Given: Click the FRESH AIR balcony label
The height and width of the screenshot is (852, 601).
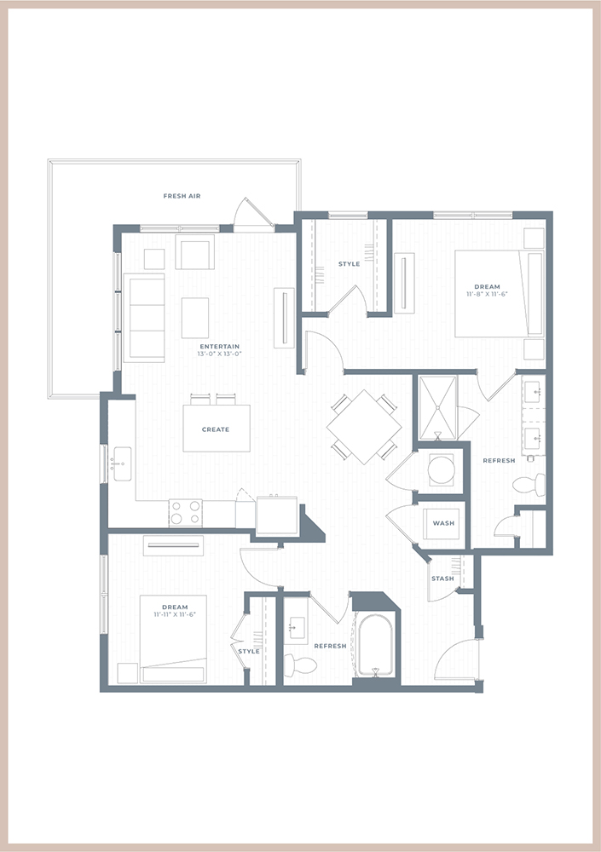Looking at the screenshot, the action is point(182,196).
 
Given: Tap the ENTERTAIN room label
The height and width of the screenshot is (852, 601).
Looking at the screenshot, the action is point(219,346).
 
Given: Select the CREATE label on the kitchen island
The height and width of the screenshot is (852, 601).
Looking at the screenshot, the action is point(216,429).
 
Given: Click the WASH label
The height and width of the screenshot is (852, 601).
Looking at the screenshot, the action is point(443,523).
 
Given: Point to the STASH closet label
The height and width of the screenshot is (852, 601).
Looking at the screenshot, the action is point(442,579).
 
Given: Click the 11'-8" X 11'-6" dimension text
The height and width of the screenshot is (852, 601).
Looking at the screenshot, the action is point(487,294).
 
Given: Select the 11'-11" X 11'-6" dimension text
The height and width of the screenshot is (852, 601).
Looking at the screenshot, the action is point(175,614).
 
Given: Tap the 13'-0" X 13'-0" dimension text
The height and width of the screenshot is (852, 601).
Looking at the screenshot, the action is point(219,354).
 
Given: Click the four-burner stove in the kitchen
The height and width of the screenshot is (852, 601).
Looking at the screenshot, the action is point(186,513).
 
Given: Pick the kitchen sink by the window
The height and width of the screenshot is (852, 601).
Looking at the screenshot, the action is point(123,464).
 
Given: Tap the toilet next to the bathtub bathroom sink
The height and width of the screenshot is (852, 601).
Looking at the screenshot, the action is point(300,665).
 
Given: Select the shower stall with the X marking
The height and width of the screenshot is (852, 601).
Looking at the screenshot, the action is point(438,407).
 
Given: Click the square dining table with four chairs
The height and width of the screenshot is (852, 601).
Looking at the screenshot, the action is point(364,427).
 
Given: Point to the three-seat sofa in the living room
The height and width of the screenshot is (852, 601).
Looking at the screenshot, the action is point(144,318).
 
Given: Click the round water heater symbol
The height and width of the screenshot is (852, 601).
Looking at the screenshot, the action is point(441,470).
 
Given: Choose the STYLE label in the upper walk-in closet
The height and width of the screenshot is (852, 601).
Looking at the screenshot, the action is point(350,264).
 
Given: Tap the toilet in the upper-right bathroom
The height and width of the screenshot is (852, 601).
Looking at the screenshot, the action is point(529,484).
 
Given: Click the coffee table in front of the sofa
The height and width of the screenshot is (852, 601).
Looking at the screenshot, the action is point(194,318).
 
